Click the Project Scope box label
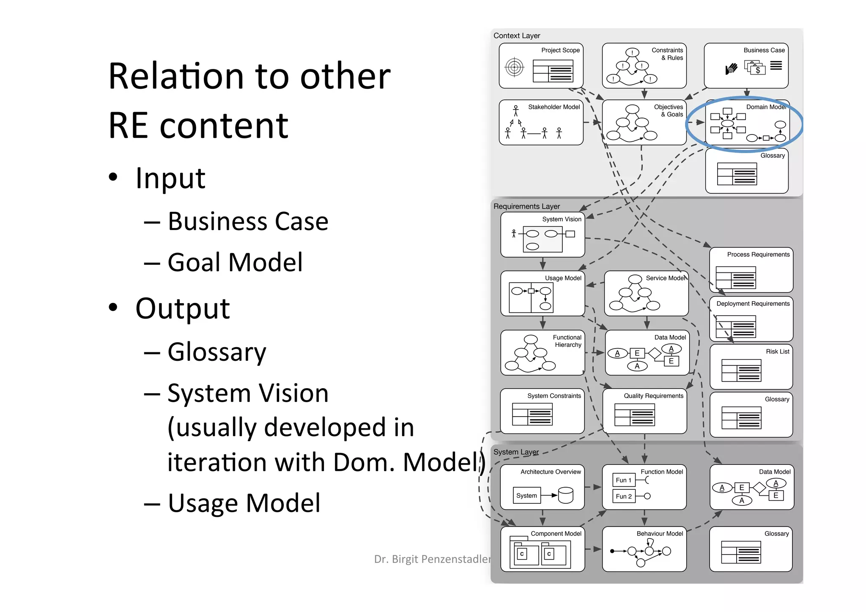pos(560,50)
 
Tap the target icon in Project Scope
pos(514,67)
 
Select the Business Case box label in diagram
pos(764,50)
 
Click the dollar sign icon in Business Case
pos(757,70)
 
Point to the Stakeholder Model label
pos(554,107)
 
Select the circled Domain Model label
pos(765,107)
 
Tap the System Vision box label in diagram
pos(562,219)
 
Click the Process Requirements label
pos(758,255)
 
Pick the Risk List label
pos(777,351)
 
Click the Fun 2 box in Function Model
pos(624,496)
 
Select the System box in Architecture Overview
pos(526,496)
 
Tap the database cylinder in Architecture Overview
pos(565,495)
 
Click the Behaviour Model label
pos(660,534)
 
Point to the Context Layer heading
pos(517,36)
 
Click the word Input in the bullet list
pos(170,178)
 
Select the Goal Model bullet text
pos(235,262)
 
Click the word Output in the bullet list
pos(182,308)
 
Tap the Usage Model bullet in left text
pos(244,503)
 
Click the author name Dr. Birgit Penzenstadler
pos(432,559)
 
